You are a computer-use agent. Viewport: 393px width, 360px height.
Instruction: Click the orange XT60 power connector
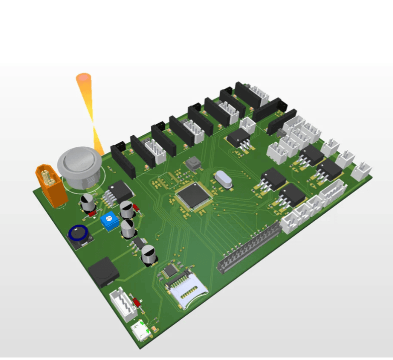click(x=51, y=185)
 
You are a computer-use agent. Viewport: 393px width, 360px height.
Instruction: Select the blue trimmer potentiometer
click(x=109, y=221)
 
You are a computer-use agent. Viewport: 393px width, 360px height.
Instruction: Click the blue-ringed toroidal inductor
click(x=79, y=235)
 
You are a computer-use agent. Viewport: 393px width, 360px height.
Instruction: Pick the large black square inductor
click(x=104, y=272)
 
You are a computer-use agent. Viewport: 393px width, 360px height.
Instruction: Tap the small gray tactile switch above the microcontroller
click(x=192, y=163)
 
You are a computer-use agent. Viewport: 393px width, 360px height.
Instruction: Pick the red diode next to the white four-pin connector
click(x=137, y=302)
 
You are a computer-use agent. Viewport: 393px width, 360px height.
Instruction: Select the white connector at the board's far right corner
click(x=362, y=171)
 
